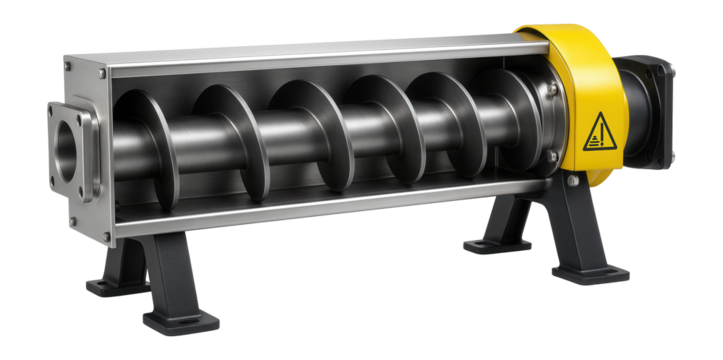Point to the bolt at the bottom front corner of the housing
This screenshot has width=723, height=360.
(107, 237)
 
